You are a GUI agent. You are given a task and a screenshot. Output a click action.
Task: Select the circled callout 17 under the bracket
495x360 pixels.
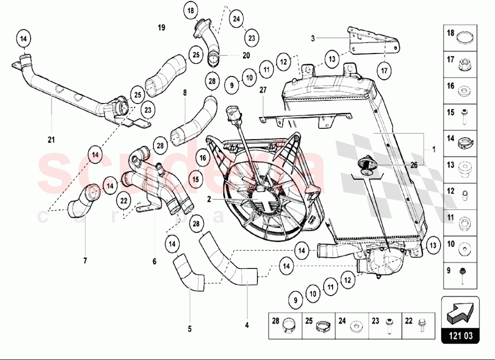point(385,70)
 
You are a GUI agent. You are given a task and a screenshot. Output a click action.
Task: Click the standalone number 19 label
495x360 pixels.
point(161,27)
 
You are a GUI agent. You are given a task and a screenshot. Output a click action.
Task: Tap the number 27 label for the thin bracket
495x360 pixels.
point(263,90)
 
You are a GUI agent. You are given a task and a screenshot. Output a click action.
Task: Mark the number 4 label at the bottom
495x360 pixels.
point(247,325)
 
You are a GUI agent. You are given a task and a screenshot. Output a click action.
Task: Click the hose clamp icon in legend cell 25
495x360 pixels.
point(321,324)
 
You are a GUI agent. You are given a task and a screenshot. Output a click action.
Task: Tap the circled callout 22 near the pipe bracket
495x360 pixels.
point(124,200)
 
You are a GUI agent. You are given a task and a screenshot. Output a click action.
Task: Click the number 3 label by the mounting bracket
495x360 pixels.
point(313,37)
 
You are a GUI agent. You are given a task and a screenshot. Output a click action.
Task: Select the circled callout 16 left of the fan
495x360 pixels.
point(202,158)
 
